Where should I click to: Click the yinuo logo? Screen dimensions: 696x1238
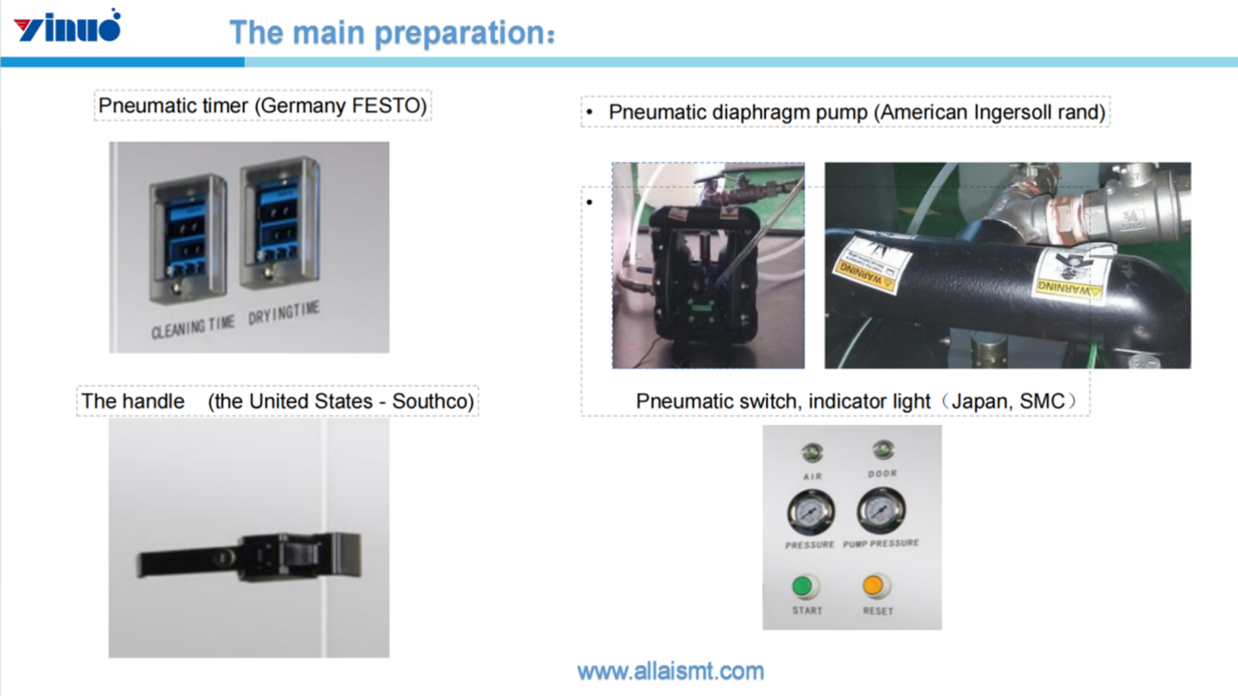click(x=68, y=27)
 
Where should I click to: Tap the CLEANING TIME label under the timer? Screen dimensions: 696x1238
click(x=193, y=328)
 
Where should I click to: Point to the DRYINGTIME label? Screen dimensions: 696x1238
click(x=284, y=312)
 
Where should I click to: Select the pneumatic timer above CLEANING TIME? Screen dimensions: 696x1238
click(x=187, y=236)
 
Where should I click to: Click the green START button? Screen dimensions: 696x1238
click(x=803, y=587)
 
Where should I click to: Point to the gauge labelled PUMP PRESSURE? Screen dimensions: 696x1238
click(x=881, y=510)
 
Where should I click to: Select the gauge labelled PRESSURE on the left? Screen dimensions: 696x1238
click(x=810, y=512)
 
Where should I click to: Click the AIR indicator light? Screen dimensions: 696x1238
click(x=812, y=452)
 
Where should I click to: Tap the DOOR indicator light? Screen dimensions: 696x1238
click(x=883, y=449)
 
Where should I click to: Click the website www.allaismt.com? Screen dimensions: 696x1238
click(x=670, y=671)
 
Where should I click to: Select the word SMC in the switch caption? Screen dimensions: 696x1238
click(x=1041, y=401)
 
